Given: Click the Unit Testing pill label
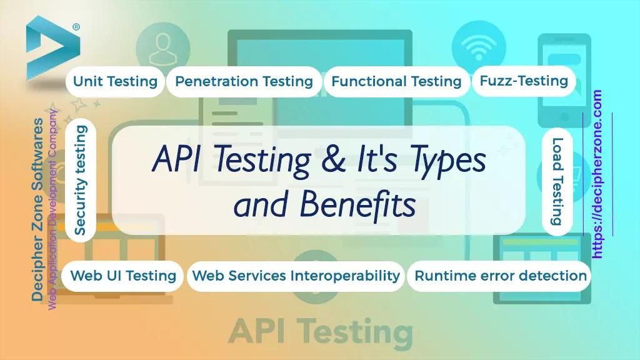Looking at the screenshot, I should [x=115, y=81].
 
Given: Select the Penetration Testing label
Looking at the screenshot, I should [x=244, y=81].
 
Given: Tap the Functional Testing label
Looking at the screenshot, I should [x=396, y=81].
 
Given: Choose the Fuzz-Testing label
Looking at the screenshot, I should [x=524, y=80].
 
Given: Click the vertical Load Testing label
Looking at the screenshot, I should [x=557, y=181].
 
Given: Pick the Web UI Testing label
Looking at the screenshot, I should [x=123, y=276].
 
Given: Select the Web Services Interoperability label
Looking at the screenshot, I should [x=296, y=276].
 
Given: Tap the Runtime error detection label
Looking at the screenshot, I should [x=501, y=276].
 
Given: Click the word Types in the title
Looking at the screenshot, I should [x=451, y=161].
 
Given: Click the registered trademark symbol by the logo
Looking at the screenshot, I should [x=76, y=27].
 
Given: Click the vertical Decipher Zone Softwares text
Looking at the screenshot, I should [x=39, y=210].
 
